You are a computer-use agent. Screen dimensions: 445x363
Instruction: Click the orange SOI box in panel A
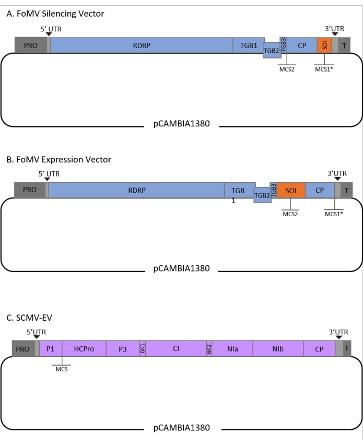click(x=324, y=45)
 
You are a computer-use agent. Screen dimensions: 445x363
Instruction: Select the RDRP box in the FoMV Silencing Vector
click(x=142, y=45)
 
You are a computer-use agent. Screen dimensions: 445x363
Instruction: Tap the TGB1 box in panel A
click(x=248, y=45)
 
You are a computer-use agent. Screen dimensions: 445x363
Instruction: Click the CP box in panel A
click(x=302, y=45)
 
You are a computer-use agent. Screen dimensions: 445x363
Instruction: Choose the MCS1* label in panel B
click(x=335, y=214)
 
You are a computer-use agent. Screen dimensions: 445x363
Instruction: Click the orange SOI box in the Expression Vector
click(x=291, y=191)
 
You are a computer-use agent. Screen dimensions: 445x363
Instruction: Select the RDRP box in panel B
click(x=136, y=190)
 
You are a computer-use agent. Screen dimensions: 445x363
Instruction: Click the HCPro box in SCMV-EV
click(x=84, y=349)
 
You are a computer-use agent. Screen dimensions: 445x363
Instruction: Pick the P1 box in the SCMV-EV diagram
click(x=51, y=349)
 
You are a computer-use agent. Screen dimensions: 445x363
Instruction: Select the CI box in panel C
click(x=176, y=349)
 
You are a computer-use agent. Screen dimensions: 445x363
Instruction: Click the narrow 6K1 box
click(x=142, y=349)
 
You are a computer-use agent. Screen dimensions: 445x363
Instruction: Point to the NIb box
click(x=277, y=349)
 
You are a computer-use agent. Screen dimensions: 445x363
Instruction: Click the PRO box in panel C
click(x=23, y=349)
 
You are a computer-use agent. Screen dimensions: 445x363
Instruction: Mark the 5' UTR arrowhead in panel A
click(x=48, y=34)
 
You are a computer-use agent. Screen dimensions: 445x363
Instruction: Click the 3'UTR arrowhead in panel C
click(x=339, y=337)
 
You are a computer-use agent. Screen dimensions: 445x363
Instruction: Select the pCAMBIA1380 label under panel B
click(x=181, y=269)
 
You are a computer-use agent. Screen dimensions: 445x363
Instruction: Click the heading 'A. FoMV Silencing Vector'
click(x=55, y=14)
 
